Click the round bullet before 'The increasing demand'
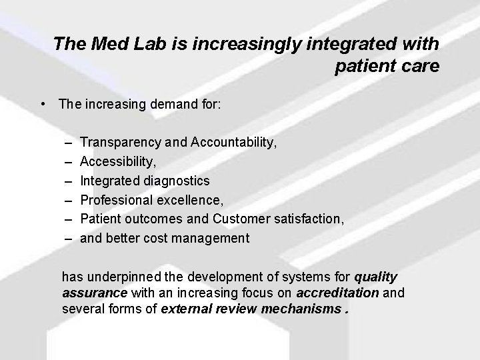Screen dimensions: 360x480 pyautogui.click(x=43, y=104)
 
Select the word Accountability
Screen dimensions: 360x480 pyautogui.click(x=233, y=142)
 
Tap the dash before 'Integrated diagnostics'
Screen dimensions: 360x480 pyautogui.click(x=69, y=181)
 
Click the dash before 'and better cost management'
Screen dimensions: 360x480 pyautogui.click(x=69, y=238)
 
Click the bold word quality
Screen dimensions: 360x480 pyautogui.click(x=376, y=277)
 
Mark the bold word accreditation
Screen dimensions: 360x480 pyautogui.click(x=337, y=293)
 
